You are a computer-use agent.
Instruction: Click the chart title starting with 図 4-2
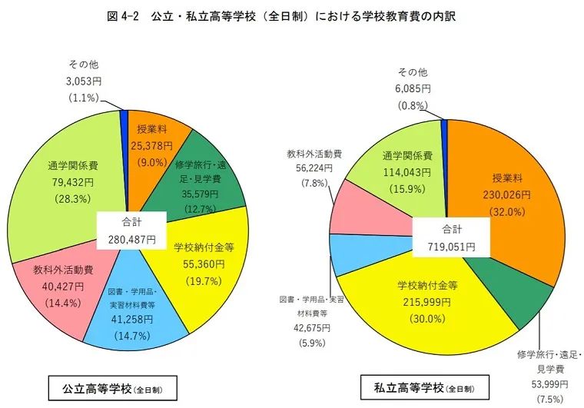pos(292,16)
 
